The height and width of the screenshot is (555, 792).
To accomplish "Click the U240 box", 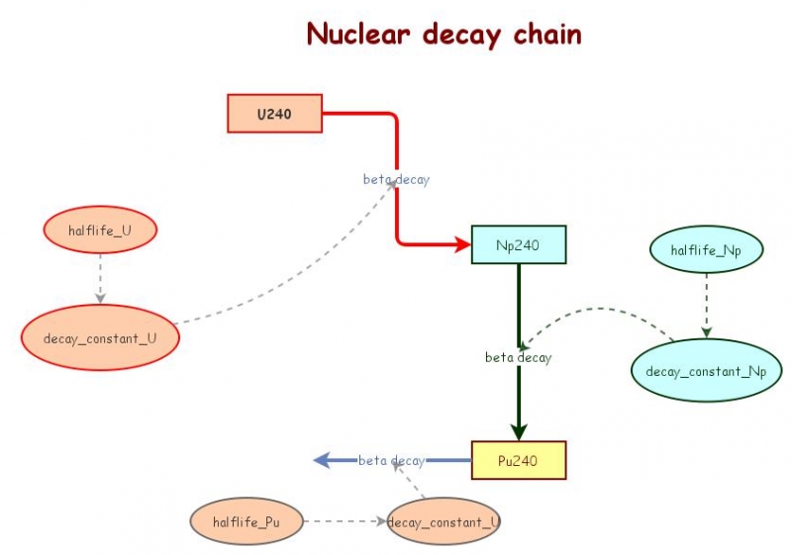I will point(274,114).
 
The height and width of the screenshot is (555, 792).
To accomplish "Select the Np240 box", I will point(518,244).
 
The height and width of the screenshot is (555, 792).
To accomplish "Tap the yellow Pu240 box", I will point(518,460).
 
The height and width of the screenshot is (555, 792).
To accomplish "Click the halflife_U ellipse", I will point(100,231).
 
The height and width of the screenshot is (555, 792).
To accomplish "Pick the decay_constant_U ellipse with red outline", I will point(100,338).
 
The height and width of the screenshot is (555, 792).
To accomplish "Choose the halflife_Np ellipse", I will point(706,250).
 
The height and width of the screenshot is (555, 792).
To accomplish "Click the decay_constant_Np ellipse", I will point(706,370).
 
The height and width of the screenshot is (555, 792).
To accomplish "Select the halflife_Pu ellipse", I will point(246,521).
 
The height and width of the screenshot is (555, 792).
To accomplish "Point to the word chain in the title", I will point(546,34).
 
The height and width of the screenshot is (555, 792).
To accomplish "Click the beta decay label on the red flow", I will point(396,179).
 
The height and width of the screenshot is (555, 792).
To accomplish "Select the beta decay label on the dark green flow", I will point(518,357).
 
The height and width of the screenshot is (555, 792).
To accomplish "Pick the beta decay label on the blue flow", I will point(391,460).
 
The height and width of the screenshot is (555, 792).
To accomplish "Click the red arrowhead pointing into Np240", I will point(462,244).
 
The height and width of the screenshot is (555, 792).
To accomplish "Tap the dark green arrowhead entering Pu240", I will point(518,431).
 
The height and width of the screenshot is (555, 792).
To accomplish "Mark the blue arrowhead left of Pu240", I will point(322,460).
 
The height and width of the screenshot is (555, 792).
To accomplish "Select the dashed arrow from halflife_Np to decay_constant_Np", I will point(706,307).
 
